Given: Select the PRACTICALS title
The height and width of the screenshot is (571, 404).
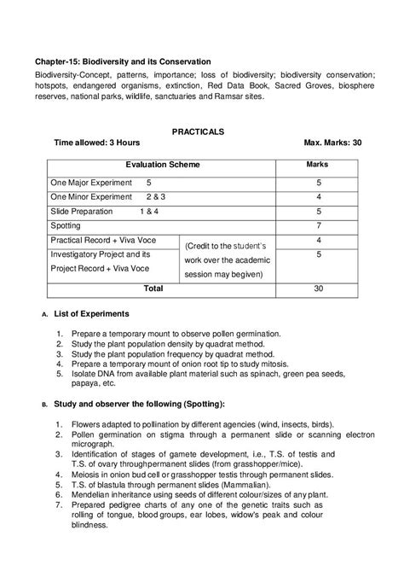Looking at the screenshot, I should (198, 131).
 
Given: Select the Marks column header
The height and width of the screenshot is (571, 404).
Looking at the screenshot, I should (317, 163).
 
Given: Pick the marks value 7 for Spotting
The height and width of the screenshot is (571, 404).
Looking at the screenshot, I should (317, 226).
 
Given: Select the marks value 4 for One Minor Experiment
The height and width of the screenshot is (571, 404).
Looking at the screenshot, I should (317, 197).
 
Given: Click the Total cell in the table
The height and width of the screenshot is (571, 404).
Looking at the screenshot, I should (153, 289).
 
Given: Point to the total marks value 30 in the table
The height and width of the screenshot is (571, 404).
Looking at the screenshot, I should (317, 289).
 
